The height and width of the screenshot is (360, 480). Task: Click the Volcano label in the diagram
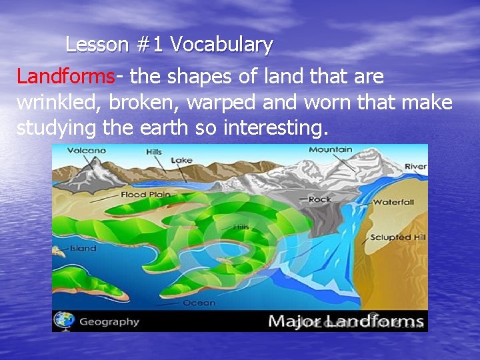[x=87, y=151]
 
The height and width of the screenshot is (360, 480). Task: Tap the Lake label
[x=181, y=161]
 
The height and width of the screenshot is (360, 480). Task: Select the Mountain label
[x=331, y=150]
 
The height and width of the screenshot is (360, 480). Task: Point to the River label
[x=416, y=167]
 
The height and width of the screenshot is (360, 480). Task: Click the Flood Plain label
[x=145, y=195]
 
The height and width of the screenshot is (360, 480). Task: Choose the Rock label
[x=319, y=199]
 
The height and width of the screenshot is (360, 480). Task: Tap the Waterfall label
[x=394, y=202]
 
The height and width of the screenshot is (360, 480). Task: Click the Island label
[x=83, y=249]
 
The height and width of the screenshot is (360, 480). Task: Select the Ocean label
[x=199, y=303]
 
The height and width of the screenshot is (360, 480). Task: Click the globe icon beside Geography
[x=64, y=321]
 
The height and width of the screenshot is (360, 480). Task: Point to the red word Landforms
[x=66, y=77]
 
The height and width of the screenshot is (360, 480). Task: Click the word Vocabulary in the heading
[x=221, y=45]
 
